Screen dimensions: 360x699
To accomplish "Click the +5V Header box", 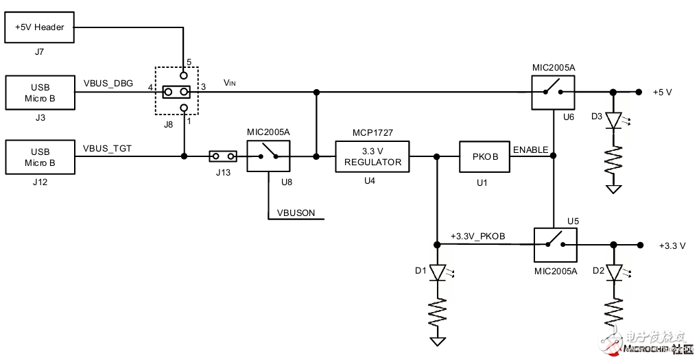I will [x=39, y=27].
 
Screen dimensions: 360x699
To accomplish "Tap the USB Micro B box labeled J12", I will [x=39, y=157].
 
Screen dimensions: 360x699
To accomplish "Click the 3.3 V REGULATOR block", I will [x=372, y=157].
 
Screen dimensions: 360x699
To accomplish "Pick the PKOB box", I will [x=484, y=157].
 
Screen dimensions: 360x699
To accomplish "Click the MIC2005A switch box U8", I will [x=268, y=157].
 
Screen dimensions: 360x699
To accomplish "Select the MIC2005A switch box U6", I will [x=554, y=92].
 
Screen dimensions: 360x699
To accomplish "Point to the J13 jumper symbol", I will [x=223, y=157].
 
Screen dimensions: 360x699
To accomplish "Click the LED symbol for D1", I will [x=437, y=273].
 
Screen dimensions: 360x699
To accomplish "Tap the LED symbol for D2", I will [x=614, y=273].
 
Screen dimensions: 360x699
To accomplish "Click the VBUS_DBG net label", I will [x=108, y=83].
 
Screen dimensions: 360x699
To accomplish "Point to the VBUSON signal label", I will [x=296, y=213].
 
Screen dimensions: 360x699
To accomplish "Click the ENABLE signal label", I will [x=530, y=149].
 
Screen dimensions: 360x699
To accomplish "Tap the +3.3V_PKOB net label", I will [x=477, y=236].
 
